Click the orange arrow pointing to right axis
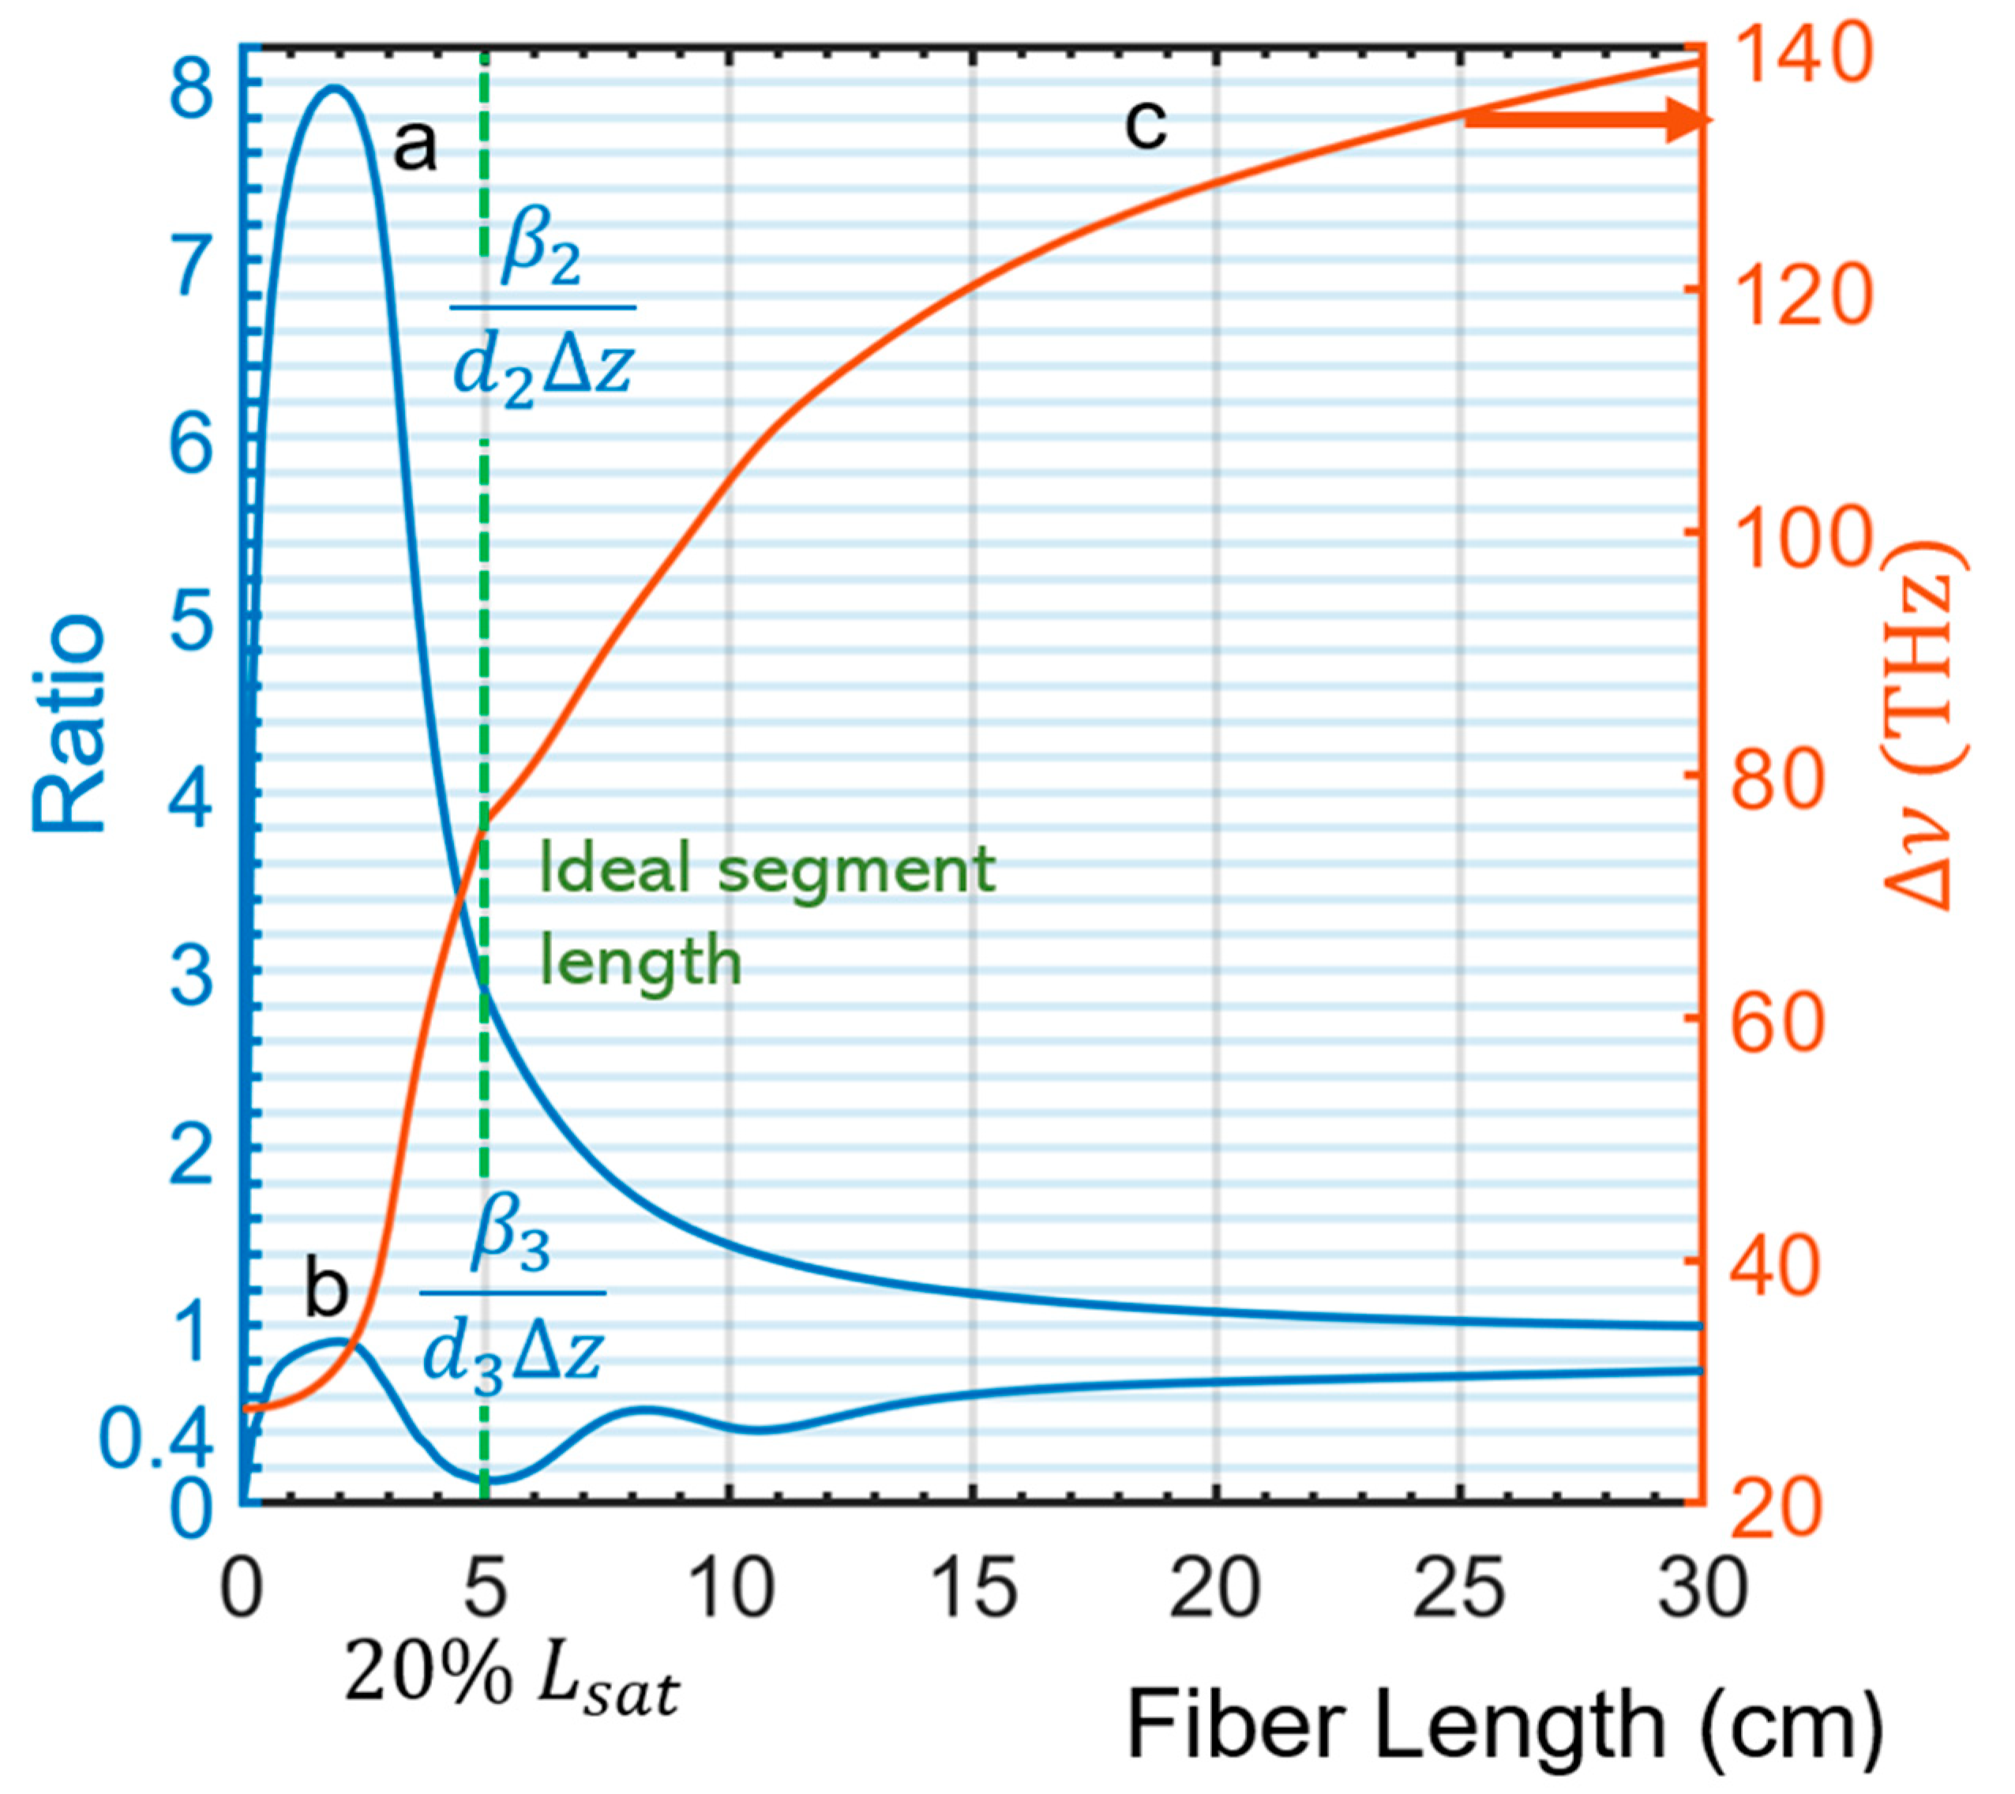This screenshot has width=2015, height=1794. [1586, 120]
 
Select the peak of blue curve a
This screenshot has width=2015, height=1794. [336, 88]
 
